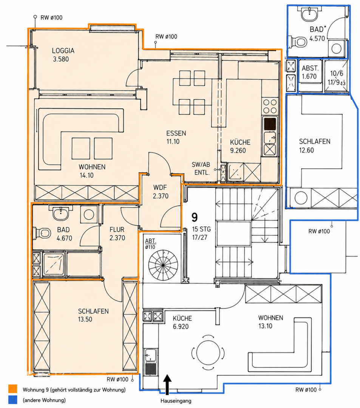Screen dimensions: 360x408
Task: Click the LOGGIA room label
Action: coord(63,51)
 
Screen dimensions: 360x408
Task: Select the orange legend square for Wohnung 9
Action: coord(13,389)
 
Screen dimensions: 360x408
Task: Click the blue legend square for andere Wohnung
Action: coord(13,400)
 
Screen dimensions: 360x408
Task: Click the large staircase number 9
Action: coord(195,217)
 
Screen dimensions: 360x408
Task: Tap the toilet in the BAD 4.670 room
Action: coord(42,233)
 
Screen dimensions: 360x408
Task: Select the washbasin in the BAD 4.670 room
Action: coord(61,213)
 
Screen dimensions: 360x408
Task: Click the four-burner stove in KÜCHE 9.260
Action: coord(270,106)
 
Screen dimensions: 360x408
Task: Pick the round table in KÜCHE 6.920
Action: coord(208,352)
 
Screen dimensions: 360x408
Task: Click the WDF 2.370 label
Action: coord(160,192)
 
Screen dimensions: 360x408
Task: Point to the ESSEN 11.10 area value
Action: coord(173,142)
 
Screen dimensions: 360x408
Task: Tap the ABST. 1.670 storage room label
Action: coord(309,72)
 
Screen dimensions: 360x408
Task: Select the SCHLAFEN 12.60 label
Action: coord(314,146)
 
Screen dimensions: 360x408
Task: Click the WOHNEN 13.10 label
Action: coord(270,321)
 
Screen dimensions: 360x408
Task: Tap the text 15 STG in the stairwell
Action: coord(201,229)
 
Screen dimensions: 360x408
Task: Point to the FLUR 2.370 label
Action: coord(117,233)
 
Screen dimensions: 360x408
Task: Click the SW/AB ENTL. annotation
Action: coord(201,168)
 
